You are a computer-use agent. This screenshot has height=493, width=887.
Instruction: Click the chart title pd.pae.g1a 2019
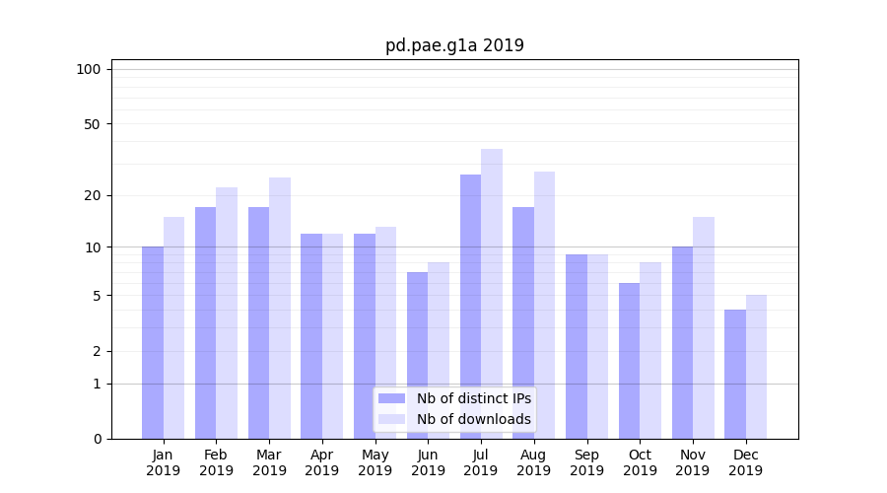pos(454,45)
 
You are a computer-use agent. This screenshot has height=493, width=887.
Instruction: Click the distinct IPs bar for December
pos(735,374)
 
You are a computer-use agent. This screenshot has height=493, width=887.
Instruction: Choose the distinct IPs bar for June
pos(417,355)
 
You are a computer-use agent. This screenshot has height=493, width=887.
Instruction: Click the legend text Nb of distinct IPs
pos(473,398)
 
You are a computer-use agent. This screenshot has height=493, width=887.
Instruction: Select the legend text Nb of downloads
pos(473,419)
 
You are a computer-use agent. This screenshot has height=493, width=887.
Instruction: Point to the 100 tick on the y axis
pos(89,69)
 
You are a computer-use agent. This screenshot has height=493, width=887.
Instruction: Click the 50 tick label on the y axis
pos(92,124)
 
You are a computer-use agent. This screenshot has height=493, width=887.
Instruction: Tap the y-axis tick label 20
pos(92,195)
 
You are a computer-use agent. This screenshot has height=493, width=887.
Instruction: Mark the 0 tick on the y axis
pos(97,439)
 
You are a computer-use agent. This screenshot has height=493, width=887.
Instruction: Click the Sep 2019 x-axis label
pos(586,462)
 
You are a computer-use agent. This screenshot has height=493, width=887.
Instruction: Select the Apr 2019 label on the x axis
pos(322,462)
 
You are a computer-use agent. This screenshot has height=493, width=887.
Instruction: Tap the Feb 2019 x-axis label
pos(216,462)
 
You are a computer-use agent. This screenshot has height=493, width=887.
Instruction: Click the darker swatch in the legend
pos(391,398)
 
